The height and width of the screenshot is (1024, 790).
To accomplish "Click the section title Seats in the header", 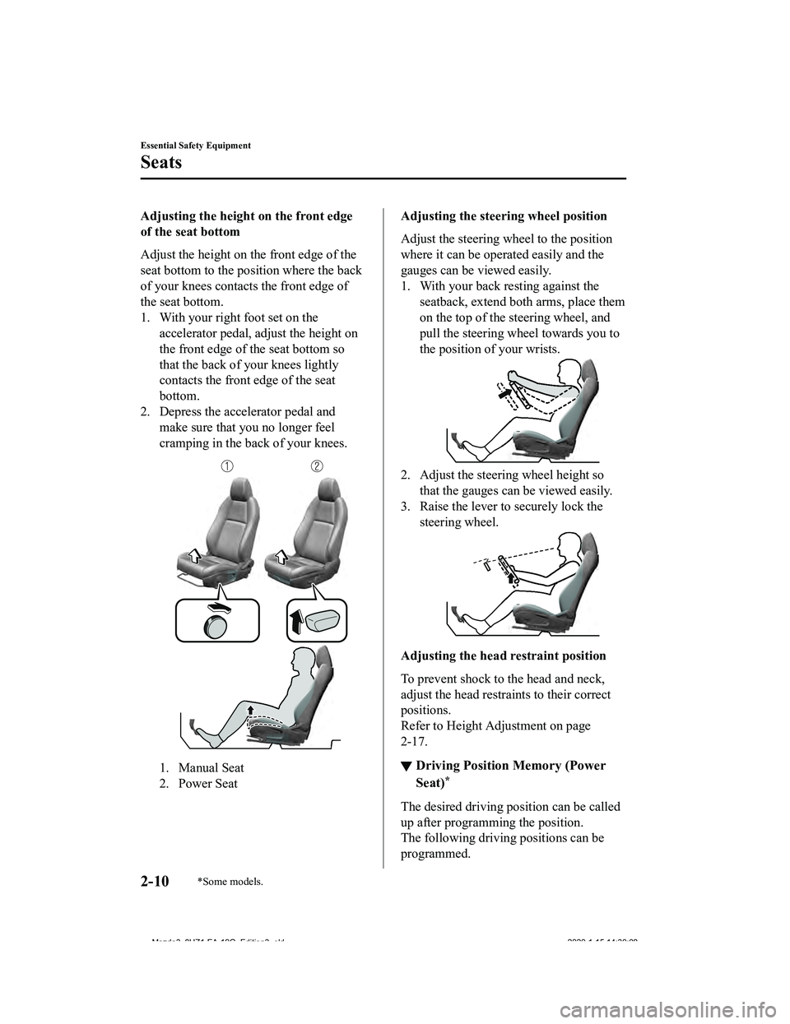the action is pyautogui.click(x=161, y=162).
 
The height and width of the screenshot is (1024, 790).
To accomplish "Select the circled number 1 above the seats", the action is pyautogui.click(x=224, y=466).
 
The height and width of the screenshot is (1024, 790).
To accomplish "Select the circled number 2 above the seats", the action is pyautogui.click(x=316, y=466).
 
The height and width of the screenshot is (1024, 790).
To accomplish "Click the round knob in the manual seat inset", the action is pyautogui.click(x=216, y=630).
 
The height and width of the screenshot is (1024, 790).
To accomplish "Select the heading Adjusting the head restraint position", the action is pyautogui.click(x=504, y=656).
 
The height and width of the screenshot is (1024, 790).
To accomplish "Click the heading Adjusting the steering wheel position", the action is pyautogui.click(x=504, y=216).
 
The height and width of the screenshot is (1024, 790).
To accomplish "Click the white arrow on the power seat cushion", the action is pyautogui.click(x=281, y=558).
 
